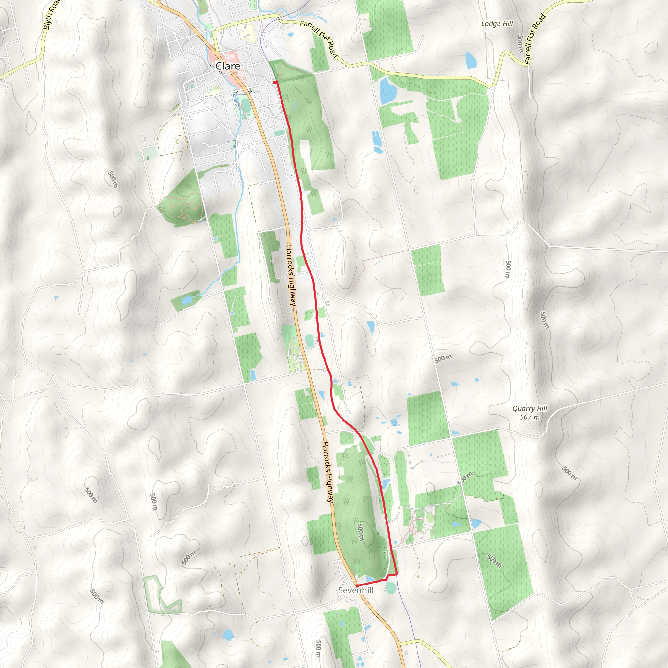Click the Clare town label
228,66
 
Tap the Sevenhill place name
356,590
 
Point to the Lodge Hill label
497,23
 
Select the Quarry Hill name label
530,408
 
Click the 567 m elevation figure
530,417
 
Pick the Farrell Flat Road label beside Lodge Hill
535,39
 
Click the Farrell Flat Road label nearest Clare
318,38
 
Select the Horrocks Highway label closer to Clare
291,275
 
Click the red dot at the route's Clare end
275,82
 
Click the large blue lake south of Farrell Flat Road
387,90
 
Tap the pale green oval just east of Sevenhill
391,588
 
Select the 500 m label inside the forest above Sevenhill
360,532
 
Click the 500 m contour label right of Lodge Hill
520,44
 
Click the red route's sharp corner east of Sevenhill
396,574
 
